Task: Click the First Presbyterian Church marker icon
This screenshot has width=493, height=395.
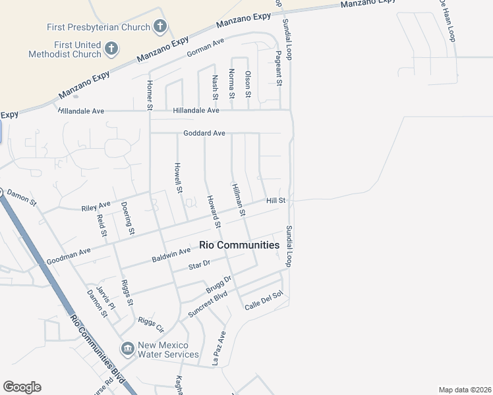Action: [x=159, y=27]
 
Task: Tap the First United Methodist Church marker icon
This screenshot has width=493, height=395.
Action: [x=111, y=48]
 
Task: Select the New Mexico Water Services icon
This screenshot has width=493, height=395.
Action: [x=127, y=348]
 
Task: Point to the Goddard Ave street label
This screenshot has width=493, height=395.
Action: [x=204, y=133]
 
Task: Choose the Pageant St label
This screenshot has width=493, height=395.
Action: [x=279, y=69]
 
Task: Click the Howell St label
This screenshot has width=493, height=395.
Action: [x=178, y=178]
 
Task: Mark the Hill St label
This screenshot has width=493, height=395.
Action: [x=276, y=200]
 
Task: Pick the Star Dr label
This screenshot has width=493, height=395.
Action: [x=198, y=265]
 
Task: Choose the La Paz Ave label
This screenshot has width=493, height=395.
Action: [x=219, y=348]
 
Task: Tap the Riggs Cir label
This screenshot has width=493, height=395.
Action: [x=151, y=322]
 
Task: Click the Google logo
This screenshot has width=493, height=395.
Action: [x=22, y=387]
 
